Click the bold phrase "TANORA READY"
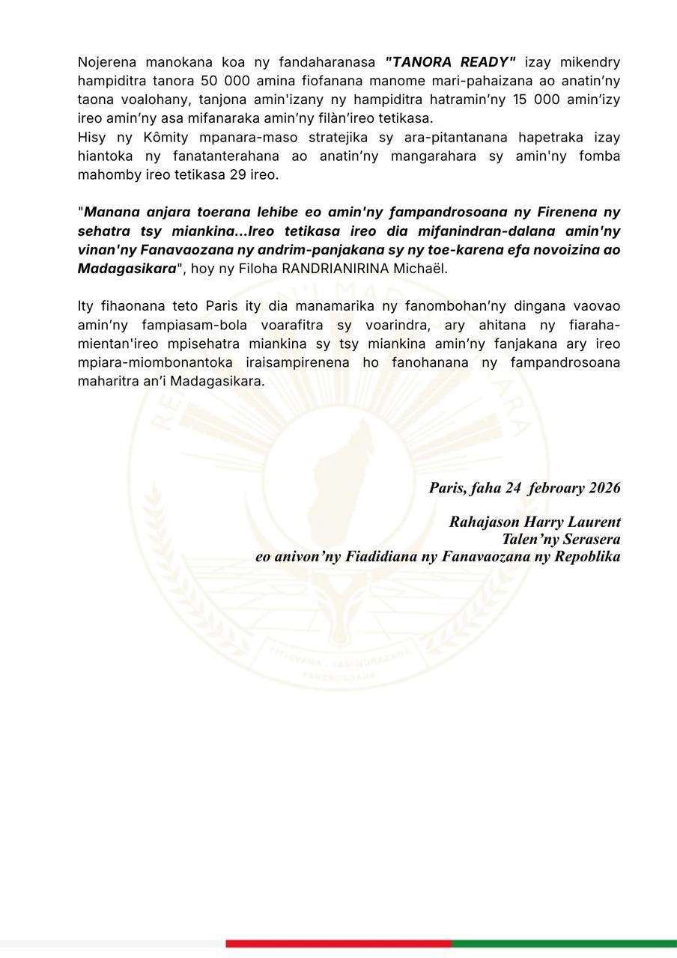451,62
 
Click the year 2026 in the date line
604,488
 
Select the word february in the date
556,488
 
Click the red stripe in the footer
338,943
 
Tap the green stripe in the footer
564,943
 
